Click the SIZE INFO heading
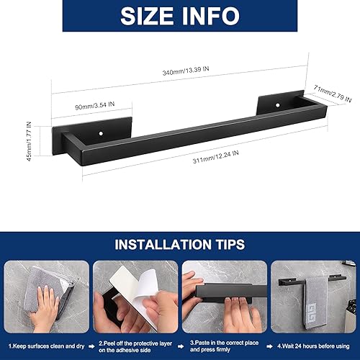click(x=179, y=16)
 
